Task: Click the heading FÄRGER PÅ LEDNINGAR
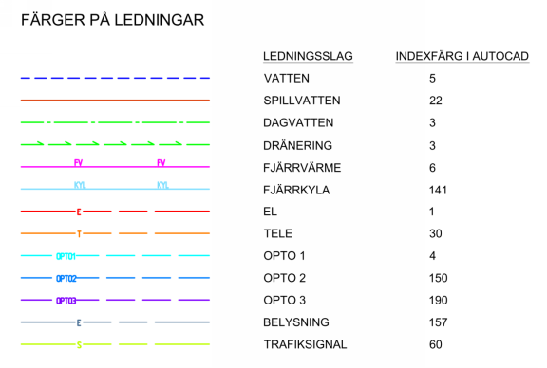[111, 19]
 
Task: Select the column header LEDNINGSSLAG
[308, 57]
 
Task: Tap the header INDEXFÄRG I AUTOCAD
[462, 57]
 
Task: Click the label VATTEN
[286, 78]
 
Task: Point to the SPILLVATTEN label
[301, 100]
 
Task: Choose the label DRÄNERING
[297, 145]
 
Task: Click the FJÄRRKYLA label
[296, 190]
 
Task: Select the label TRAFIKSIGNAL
[305, 344]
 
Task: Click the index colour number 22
[435, 100]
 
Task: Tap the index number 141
[438, 190]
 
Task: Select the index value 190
[438, 301]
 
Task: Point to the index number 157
[438, 322]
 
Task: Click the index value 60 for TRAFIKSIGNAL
[435, 344]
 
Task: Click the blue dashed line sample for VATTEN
[115, 78]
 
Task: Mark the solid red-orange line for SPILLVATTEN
[115, 100]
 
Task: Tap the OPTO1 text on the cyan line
[66, 256]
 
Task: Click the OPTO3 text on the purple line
[66, 301]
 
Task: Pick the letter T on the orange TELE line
[79, 233]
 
